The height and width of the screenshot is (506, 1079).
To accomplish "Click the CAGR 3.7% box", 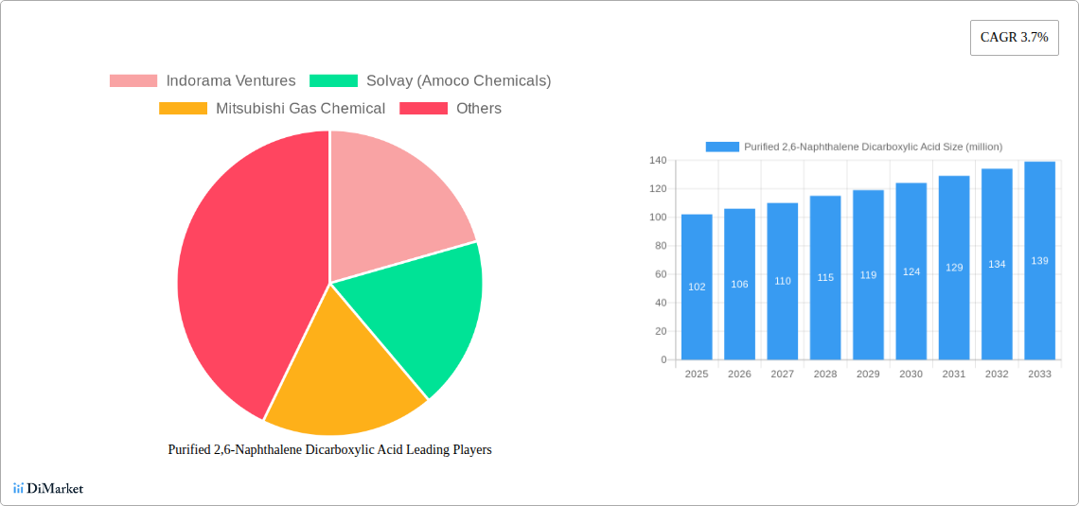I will coord(1014,37).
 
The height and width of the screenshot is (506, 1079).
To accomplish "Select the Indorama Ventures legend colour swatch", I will coord(133,81).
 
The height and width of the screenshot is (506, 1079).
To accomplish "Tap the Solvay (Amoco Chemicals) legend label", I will coord(458,81).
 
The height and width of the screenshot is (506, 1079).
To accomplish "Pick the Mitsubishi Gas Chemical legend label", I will coord(300,109).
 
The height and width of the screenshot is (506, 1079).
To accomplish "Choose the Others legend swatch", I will coord(422,109).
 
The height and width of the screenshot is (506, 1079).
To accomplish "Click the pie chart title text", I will coord(329,450).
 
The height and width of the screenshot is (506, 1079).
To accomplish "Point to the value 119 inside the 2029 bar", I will coord(868,275).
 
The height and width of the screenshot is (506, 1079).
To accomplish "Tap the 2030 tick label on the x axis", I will coord(911,375).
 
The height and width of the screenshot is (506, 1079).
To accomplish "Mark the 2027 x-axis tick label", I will coord(782,375).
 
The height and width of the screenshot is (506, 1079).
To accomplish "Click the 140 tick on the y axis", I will coord(658,161).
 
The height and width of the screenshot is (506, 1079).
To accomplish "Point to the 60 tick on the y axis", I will coord(661,274).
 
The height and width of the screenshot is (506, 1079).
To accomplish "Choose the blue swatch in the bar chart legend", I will coord(722,147).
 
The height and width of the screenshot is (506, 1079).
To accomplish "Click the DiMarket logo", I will coord(48,488).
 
